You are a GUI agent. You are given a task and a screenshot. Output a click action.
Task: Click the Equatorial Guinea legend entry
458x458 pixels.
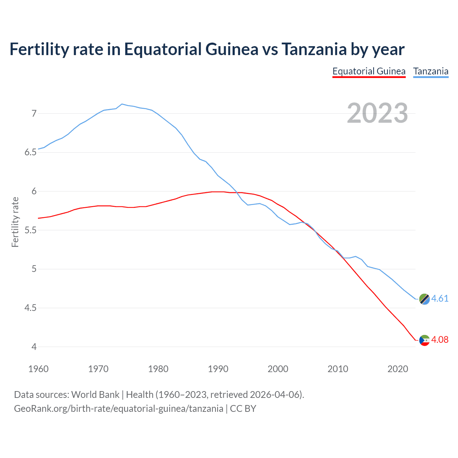pyautogui.click(x=369, y=71)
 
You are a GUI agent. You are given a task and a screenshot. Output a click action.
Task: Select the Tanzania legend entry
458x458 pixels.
pyautogui.click(x=431, y=71)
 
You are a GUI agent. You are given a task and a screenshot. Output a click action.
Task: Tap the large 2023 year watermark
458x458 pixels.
pyautogui.click(x=377, y=113)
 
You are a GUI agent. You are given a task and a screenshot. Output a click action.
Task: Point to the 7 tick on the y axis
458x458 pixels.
pyautogui.click(x=34, y=113)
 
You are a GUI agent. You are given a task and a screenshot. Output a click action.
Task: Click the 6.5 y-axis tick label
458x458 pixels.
pyautogui.click(x=31, y=152)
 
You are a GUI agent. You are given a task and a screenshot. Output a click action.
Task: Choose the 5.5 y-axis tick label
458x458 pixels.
pyautogui.click(x=31, y=230)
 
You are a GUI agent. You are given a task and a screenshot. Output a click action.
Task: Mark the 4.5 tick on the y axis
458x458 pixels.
pyautogui.click(x=31, y=308)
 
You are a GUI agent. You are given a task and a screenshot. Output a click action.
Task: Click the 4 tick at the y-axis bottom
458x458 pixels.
pyautogui.click(x=34, y=347)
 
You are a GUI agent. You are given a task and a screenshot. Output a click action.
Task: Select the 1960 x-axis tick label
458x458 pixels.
pyautogui.click(x=38, y=369)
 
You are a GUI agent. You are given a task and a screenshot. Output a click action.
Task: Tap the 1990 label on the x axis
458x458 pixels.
pyautogui.click(x=218, y=369)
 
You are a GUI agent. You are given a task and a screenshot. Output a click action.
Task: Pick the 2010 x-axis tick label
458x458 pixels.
pyautogui.click(x=338, y=369)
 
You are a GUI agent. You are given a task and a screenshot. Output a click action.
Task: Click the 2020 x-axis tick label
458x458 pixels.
pyautogui.click(x=398, y=369)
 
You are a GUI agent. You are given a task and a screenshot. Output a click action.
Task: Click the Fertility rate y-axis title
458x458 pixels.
pyautogui.click(x=15, y=222)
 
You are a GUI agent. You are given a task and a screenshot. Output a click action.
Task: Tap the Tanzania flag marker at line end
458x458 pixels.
pyautogui.click(x=424, y=299)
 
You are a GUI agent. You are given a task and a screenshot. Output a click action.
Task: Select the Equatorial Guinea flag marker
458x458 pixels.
pyautogui.click(x=424, y=340)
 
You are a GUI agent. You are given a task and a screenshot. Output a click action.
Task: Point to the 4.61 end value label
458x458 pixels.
pyautogui.click(x=440, y=298)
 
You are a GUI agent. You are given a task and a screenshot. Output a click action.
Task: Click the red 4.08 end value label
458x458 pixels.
pyautogui.click(x=440, y=340)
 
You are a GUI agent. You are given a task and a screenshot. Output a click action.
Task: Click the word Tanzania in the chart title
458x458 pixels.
pyautogui.click(x=314, y=49)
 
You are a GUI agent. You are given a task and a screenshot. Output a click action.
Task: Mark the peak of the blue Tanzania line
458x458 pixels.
pyautogui.click(x=122, y=104)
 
